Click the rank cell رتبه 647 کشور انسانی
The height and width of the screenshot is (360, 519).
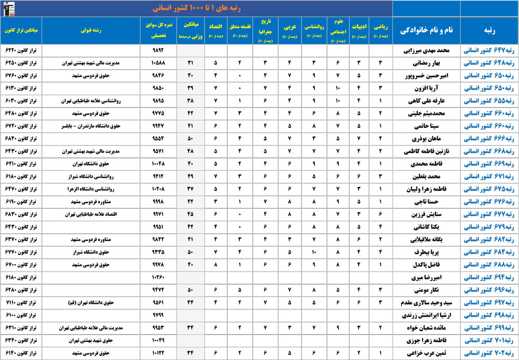[489, 50]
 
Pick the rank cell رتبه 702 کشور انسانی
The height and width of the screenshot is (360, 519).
[489, 353]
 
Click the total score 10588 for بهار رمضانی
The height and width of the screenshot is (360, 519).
[158, 63]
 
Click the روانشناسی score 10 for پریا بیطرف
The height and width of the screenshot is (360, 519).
[315, 252]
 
